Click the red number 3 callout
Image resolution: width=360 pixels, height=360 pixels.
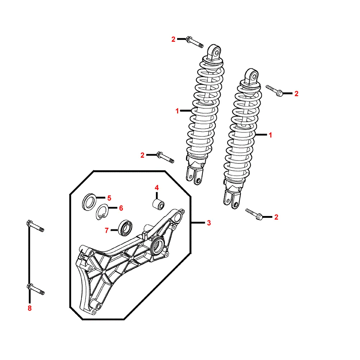tap(209, 223)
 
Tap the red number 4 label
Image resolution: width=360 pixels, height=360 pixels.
tap(157, 188)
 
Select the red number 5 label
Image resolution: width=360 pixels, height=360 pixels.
tap(109, 198)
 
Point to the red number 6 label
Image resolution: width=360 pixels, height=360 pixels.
tap(121, 208)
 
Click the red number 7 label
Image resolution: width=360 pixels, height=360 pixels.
tap(107, 230)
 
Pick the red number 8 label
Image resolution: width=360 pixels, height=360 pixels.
tap(30, 308)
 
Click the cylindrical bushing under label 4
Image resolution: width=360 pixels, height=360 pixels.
tap(159, 204)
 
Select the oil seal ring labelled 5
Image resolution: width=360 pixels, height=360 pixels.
tap(89, 202)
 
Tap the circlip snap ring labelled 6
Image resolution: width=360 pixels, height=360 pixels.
tap(102, 212)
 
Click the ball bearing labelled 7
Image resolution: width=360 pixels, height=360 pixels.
tap(125, 228)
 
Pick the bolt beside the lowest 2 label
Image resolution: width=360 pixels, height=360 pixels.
tap(254, 214)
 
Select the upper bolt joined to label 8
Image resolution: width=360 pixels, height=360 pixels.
tap(35, 226)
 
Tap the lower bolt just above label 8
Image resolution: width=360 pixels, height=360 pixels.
tap(36, 289)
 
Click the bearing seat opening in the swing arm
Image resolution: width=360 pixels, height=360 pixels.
tap(158, 244)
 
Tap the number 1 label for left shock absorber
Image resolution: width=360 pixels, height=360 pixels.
tap(177, 111)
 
